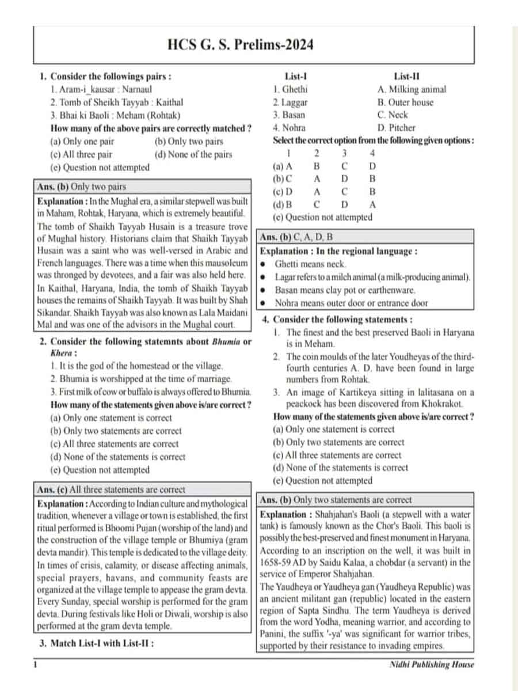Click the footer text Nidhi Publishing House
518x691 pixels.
(x=432, y=665)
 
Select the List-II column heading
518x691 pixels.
(x=407, y=77)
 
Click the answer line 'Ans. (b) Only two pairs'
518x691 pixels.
(x=82, y=187)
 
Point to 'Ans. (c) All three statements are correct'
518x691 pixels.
(x=111, y=489)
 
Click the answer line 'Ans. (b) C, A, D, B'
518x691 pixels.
(x=297, y=237)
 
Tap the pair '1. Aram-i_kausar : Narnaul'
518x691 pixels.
(x=101, y=90)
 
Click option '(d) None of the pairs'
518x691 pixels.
(x=193, y=154)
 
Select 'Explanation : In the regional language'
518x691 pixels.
(x=339, y=251)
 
